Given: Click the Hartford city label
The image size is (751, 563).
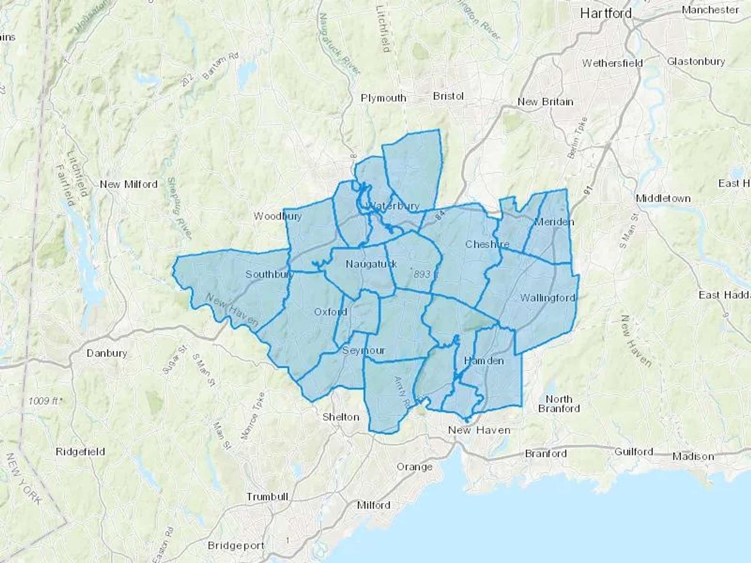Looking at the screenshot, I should [606, 13].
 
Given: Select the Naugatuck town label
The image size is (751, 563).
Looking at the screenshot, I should [371, 264].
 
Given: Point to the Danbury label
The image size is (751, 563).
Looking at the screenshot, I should [107, 353].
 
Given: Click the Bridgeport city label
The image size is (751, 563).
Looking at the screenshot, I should [236, 545].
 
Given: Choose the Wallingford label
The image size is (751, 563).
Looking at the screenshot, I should [547, 298].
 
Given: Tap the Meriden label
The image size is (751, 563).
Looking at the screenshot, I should [554, 222].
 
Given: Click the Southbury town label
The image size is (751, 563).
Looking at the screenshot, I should [270, 274].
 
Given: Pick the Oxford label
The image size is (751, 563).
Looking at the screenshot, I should [330, 312].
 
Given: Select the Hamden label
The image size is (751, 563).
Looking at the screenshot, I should [484, 361].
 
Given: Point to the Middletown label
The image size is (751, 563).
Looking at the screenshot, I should [663, 199].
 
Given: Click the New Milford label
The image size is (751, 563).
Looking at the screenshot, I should [129, 184].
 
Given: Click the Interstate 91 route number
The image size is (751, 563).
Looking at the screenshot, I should [588, 191].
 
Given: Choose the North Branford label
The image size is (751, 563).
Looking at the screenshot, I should [559, 404].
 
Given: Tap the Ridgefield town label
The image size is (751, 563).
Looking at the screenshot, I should [80, 452].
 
